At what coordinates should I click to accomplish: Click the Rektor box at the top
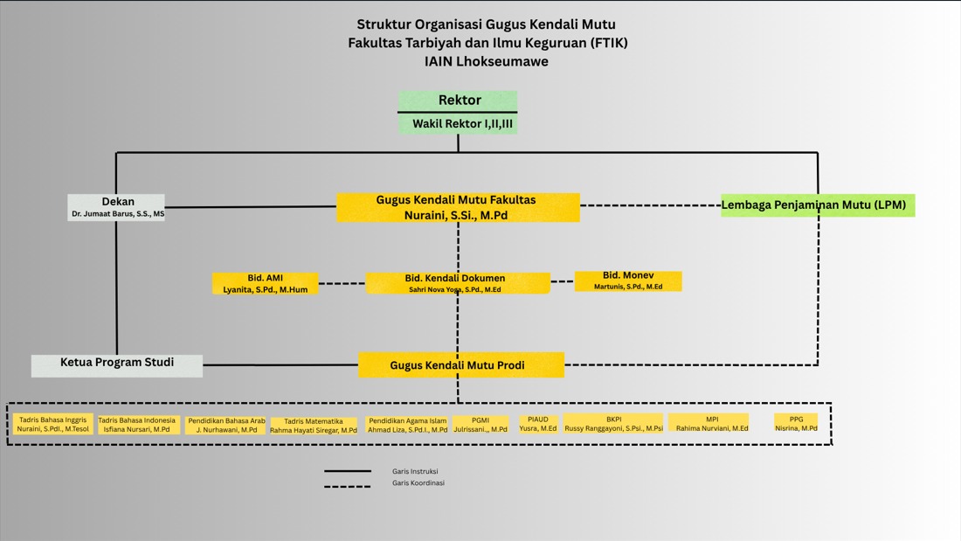point(459,101)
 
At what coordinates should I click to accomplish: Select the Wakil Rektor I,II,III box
point(459,124)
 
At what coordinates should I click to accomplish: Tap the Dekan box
point(117,207)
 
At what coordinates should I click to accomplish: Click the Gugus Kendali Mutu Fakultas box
point(457,207)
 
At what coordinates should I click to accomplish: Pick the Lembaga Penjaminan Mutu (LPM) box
point(817,205)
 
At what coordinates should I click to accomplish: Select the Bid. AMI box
point(265,283)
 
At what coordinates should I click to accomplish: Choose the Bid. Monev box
point(627,281)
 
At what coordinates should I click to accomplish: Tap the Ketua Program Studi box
point(117,364)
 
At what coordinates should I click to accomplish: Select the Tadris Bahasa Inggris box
point(53,425)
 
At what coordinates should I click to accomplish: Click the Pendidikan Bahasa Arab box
point(226,425)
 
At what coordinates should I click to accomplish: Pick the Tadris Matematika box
point(313,426)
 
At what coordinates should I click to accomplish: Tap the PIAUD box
point(537,424)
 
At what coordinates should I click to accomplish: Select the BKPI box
point(613,423)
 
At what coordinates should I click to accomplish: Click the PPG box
point(796,424)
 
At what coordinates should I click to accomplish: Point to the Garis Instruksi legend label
point(415,471)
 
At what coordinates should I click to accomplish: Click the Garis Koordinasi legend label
point(418,482)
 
